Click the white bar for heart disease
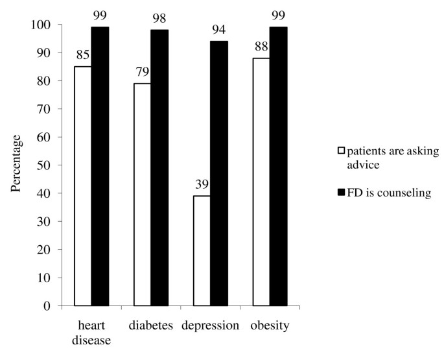pos(82,186)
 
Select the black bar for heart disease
pos(99,167)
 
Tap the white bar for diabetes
pos(142,195)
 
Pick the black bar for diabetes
pos(159,168)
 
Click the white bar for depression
pos(202,250)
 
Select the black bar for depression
pos(219,173)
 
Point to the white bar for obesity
pos(261,182)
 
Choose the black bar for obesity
pos(278,167)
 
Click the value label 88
pos(261,49)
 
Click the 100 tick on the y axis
pos(43,25)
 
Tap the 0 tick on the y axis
pos(48,306)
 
